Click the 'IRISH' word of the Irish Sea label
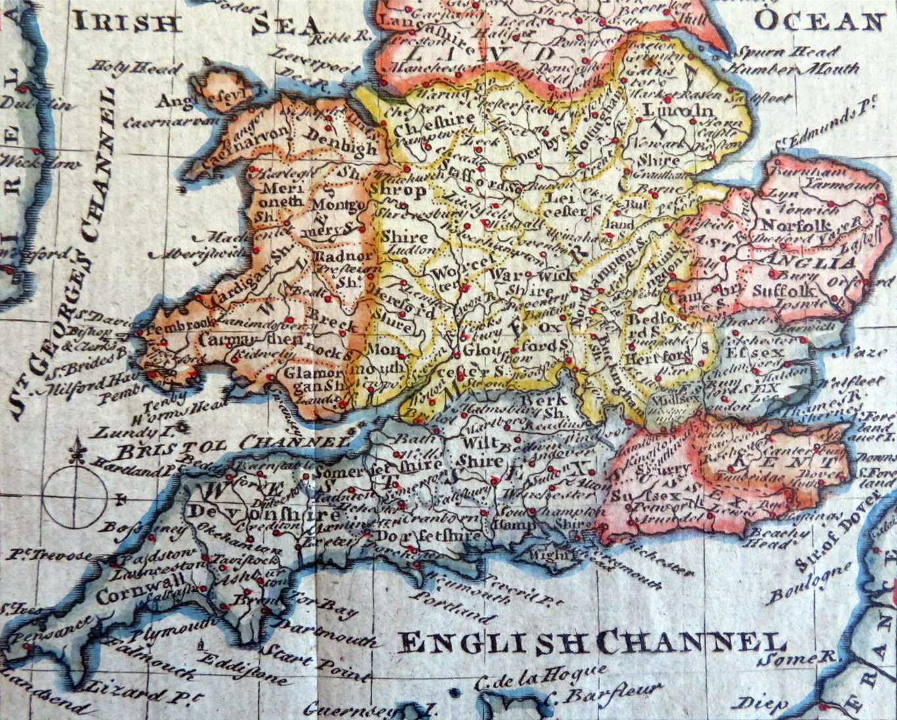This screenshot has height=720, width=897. pos(127,22)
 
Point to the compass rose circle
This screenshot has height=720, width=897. pos(78,497)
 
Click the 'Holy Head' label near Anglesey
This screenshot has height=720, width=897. pos(136,68)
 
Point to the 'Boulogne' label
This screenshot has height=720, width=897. pos(810,583)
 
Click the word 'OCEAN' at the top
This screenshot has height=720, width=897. pos(819,22)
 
